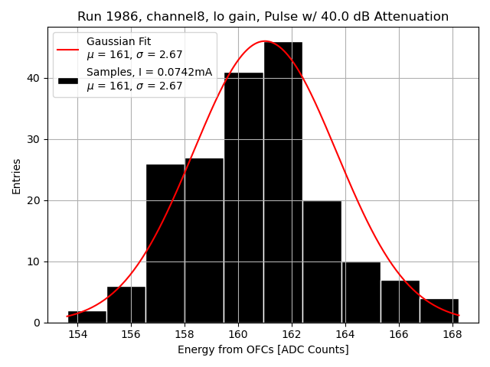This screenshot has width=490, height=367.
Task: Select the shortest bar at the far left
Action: pos(87,317)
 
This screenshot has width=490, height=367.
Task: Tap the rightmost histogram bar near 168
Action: pos(439,310)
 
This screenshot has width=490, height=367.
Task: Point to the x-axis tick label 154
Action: pos(77,334)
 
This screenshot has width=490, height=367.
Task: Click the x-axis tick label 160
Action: pos(238,334)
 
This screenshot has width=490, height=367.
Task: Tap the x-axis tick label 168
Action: pos(452,334)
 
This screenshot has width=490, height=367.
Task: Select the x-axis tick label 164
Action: pos(345,334)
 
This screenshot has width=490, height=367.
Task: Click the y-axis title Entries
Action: pos(17,176)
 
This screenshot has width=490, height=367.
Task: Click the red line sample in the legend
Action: pos(67,48)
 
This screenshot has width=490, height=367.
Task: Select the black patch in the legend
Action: pos(67,80)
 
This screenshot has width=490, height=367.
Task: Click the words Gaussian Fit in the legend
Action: pos(119,41)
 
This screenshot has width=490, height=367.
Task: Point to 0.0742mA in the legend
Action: pos(185,73)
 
